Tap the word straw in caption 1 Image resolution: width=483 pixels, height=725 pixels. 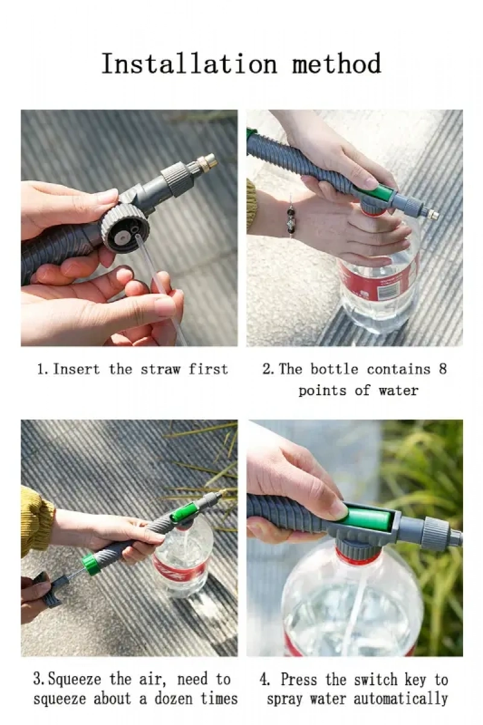161,369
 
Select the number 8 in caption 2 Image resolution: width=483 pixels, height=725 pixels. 443,369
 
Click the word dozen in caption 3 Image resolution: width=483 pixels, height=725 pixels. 174,698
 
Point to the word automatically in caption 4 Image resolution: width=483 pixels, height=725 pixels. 400,698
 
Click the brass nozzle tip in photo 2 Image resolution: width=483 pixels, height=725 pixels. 432,214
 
